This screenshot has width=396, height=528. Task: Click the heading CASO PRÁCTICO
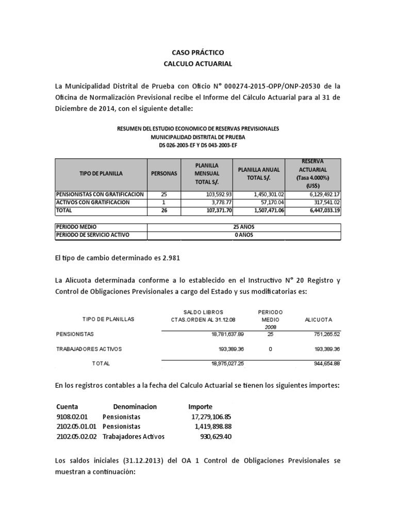[198, 53]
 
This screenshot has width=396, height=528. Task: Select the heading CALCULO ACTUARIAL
[198, 63]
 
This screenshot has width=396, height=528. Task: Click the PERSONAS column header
[163, 174]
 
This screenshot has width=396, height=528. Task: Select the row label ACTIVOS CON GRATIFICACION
[93, 203]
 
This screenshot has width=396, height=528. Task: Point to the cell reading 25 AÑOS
[244, 227]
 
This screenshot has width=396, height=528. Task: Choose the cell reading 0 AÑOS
[244, 235]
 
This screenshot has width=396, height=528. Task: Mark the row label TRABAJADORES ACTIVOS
[89, 349]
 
